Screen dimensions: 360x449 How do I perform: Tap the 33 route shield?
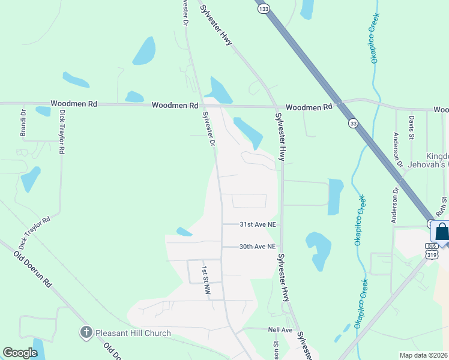pos(353,124)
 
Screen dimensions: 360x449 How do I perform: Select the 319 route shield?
pos(432,254)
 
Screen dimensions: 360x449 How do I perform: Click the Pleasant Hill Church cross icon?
pos(86,332)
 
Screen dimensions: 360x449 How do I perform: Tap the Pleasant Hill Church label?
pos(133,333)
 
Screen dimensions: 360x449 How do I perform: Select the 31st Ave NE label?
pos(258,224)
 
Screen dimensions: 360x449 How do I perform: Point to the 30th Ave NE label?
pos(258,247)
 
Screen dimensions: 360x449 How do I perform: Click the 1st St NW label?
pos(206,280)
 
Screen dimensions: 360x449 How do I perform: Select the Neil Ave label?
pos(280,330)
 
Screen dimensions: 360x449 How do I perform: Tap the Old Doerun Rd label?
pos(33,271)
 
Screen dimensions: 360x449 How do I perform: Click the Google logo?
pos(20,353)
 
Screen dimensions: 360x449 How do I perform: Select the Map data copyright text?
pos(424,355)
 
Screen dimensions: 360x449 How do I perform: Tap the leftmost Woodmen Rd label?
pos(74,104)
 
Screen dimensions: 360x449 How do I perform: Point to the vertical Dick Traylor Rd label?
pos(61,133)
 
